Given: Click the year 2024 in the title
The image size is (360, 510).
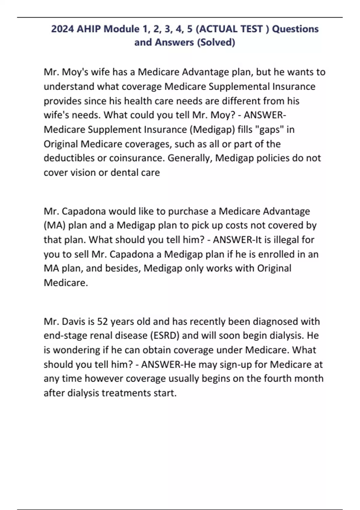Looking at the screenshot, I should [62, 29].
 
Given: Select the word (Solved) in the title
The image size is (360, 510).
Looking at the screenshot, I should [216, 42].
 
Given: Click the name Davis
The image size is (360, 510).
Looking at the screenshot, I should [73, 322].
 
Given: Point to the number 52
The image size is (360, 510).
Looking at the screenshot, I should [102, 322].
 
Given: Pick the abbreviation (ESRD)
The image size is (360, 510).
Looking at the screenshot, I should [164, 336].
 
